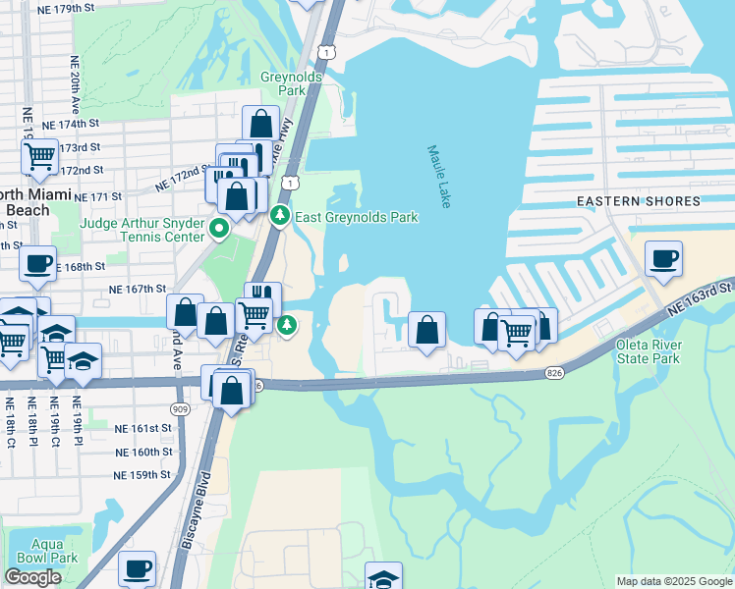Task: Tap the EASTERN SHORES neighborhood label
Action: (x=638, y=201)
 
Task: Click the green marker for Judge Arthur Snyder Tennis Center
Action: (x=218, y=232)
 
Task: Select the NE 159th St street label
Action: (x=142, y=475)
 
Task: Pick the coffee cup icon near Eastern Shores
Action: (x=663, y=258)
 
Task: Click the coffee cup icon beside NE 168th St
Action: (x=37, y=262)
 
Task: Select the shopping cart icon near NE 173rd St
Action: (x=39, y=154)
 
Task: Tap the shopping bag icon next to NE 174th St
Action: (x=260, y=123)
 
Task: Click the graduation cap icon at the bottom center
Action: (x=383, y=577)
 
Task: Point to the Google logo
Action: (x=33, y=577)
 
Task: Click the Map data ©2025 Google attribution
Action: (x=673, y=581)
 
